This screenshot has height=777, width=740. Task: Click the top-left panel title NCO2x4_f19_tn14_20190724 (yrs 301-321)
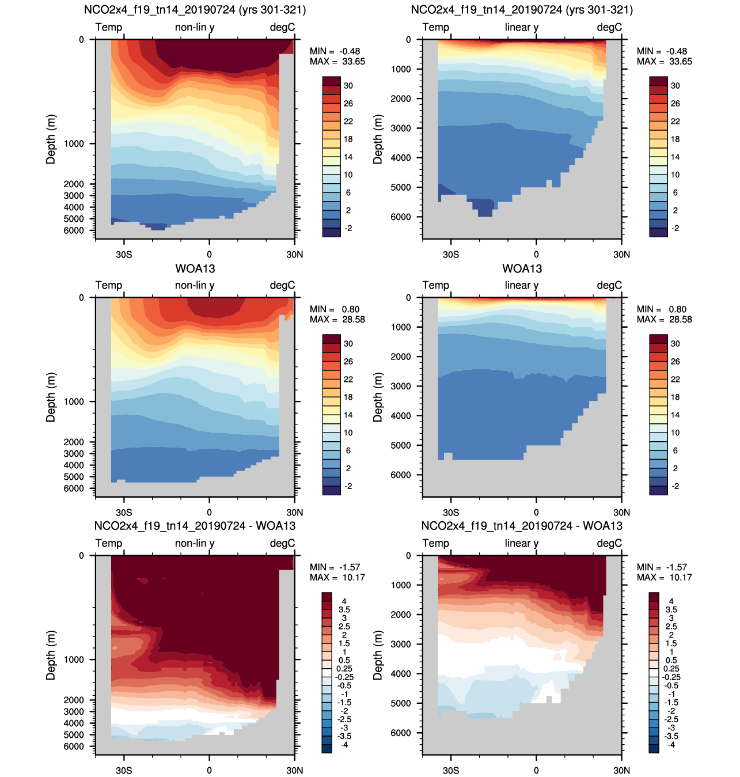(195, 10)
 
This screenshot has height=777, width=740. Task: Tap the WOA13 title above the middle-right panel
(522, 268)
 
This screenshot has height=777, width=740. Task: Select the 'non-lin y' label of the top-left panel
(195, 27)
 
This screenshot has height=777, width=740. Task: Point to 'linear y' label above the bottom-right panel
(522, 543)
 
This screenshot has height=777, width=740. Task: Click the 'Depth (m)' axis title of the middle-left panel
(51, 397)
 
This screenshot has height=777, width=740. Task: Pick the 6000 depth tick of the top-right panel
(401, 217)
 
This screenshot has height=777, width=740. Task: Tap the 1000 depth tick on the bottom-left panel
(74, 659)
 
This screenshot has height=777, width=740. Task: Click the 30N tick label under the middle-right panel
(621, 512)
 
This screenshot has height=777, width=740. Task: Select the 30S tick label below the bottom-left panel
(124, 770)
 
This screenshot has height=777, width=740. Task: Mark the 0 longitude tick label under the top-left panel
(209, 254)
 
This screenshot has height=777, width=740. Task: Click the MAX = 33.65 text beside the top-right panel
(664, 61)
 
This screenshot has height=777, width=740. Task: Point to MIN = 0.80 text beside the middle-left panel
(335, 309)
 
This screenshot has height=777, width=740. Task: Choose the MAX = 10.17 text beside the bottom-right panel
(664, 577)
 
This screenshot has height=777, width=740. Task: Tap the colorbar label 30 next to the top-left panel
(348, 86)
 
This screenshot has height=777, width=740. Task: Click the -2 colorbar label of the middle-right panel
(675, 486)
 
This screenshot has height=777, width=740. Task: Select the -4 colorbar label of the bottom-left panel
(344, 745)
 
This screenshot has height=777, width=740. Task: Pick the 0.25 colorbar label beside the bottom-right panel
(671, 669)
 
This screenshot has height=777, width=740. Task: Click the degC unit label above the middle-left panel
(282, 285)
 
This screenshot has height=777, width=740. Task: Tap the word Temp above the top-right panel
(436, 27)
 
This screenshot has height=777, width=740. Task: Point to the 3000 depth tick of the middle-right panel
(401, 386)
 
